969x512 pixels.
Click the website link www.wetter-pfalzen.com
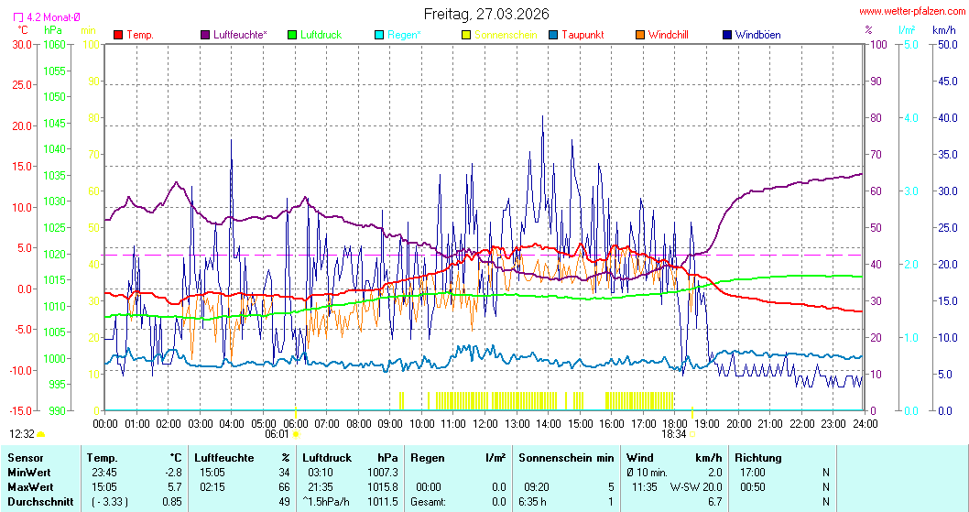[x=912, y=12]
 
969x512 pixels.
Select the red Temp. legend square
[x=118, y=35]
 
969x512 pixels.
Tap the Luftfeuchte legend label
[x=240, y=35]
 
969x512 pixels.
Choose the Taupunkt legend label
[x=580, y=35]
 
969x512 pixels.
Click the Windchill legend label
[x=668, y=35]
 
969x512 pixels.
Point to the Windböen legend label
[x=757, y=35]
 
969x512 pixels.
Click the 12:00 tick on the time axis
[x=485, y=423]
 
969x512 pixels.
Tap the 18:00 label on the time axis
[x=675, y=423]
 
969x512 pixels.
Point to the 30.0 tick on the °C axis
[x=22, y=44]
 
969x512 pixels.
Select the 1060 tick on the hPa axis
[x=55, y=44]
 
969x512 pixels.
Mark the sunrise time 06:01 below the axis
[x=278, y=434]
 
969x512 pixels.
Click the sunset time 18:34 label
[x=673, y=434]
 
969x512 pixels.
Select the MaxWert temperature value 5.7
[x=174, y=486]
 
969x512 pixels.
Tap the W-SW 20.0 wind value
[x=696, y=486]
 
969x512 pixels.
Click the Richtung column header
[x=758, y=457]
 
